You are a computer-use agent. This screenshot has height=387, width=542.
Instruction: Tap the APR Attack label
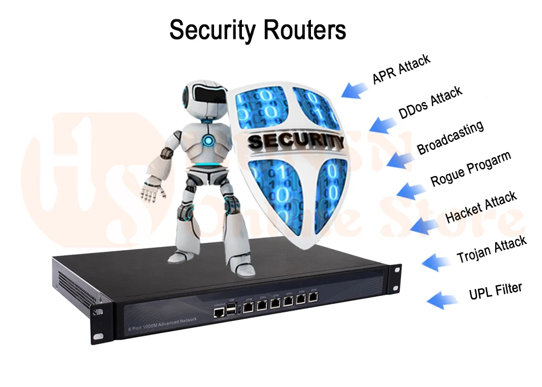pyautogui.click(x=401, y=69)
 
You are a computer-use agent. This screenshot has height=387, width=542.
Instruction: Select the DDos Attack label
pyautogui.click(x=430, y=103)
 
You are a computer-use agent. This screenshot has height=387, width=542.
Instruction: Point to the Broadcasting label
pyautogui.click(x=450, y=137)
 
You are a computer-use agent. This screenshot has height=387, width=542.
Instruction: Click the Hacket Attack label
pyautogui.click(x=481, y=207)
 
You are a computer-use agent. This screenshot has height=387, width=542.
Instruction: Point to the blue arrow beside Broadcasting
pyautogui.click(x=401, y=158)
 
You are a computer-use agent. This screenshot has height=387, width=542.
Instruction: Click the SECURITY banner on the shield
pyautogui.click(x=296, y=140)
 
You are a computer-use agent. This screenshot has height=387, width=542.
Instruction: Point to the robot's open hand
pyautogui.click(x=149, y=192)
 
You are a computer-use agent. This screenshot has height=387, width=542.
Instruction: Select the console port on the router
pyautogui.click(x=218, y=310)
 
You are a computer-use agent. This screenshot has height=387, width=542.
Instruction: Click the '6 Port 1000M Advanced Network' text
pyautogui.click(x=163, y=324)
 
